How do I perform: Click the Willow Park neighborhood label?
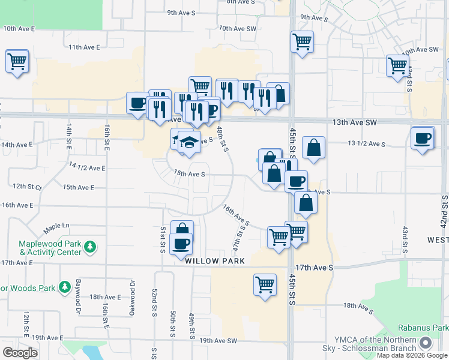click(215, 262)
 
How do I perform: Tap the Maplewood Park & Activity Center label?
click(50, 248)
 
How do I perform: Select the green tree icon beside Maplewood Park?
click(90, 247)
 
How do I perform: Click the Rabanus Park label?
click(423, 328)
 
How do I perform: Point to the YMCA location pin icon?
click(426, 343)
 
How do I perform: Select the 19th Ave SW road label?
click(219, 341)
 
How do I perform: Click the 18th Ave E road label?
click(104, 296)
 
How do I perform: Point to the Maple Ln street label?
click(56, 226)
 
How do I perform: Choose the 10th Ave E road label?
click(19, 28)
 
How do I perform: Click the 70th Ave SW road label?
click(238, 28)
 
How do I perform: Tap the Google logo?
click(20, 352)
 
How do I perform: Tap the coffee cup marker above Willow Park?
click(181, 243)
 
